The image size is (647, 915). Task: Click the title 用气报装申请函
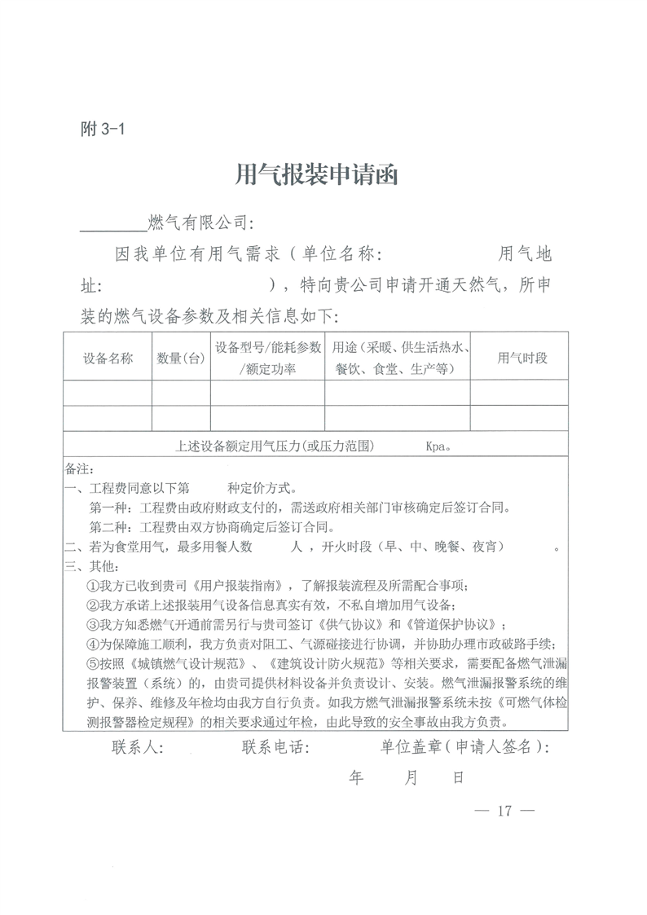tap(316, 174)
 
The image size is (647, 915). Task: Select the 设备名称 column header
tap(108, 359)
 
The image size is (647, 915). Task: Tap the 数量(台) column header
tap(181, 359)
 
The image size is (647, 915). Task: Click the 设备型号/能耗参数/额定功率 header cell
tap(268, 359)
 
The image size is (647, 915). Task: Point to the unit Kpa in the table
tap(438, 447)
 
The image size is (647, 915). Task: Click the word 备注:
tap(80, 470)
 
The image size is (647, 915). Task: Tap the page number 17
tap(503, 811)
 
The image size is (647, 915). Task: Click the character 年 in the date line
tap(356, 778)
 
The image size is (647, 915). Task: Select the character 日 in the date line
tap(458, 778)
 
